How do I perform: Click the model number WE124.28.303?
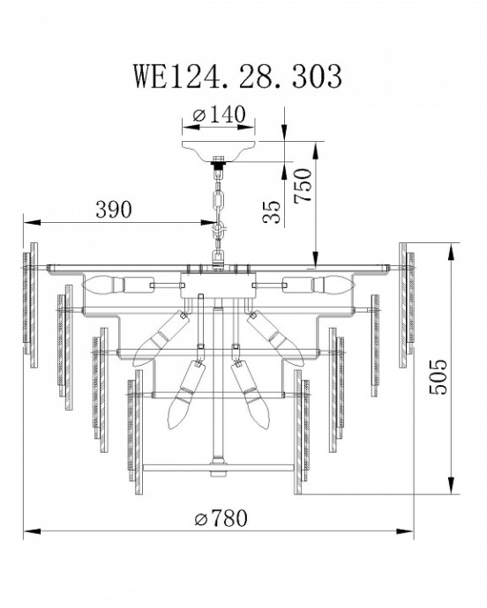(236, 78)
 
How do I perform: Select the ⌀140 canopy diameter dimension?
(218, 116)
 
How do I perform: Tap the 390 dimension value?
(113, 210)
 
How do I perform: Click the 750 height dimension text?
(303, 185)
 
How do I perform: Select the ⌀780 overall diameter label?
(220, 518)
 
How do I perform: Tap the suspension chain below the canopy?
(218, 203)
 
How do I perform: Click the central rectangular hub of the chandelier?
(218, 286)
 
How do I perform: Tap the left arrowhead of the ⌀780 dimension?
(29, 531)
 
